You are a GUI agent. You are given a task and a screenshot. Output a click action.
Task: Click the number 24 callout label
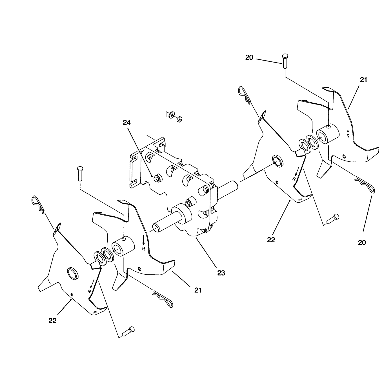(x=127, y=123)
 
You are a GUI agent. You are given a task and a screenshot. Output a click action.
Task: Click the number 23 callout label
(x=221, y=273)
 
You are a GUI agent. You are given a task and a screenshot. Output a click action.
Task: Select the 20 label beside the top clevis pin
(x=249, y=57)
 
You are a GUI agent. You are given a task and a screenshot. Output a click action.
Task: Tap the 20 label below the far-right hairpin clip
(x=362, y=243)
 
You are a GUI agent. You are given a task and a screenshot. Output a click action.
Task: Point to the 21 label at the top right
(x=363, y=80)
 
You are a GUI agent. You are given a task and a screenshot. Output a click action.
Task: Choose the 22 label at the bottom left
(x=52, y=321)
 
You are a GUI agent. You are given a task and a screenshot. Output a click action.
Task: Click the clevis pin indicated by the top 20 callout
(x=285, y=61)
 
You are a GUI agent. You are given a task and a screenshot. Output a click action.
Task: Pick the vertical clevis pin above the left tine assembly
(x=80, y=174)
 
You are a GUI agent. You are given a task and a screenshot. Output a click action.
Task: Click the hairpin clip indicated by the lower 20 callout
(x=365, y=184)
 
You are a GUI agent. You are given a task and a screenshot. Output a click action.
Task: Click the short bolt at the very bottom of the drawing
(x=128, y=331)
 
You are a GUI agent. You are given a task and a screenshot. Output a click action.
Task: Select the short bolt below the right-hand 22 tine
(x=333, y=219)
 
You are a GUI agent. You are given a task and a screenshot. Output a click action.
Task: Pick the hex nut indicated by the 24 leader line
(x=157, y=178)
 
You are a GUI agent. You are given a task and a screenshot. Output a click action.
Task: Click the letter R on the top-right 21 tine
(x=348, y=136)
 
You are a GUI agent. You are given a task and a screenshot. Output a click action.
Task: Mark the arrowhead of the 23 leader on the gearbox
(x=196, y=237)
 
